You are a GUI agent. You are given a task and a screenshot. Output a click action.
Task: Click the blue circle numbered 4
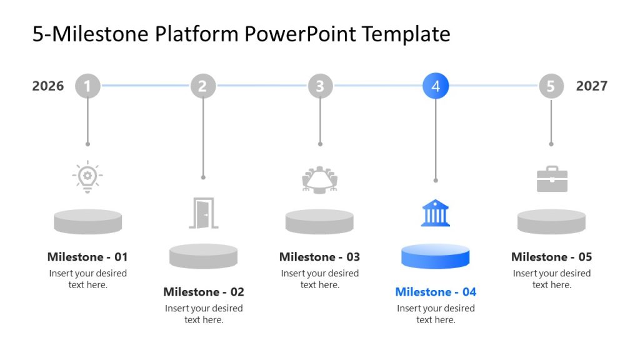click(436, 86)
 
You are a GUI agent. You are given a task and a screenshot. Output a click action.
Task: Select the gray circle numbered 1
click(87, 86)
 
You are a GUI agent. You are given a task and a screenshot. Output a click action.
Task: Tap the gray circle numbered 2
click(202, 86)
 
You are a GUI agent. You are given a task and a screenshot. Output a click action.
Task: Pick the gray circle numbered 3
click(320, 86)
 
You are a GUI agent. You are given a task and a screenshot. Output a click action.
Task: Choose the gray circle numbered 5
click(551, 86)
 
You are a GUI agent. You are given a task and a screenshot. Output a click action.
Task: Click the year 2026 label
click(48, 86)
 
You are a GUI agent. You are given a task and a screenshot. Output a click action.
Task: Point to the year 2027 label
click(591, 86)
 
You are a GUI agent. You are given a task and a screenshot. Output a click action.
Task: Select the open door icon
click(203, 213)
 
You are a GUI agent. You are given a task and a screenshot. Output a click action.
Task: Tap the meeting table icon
click(320, 180)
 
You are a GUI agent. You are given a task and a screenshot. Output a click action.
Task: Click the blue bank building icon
click(436, 212)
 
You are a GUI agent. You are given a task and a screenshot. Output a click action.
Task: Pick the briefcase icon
click(552, 179)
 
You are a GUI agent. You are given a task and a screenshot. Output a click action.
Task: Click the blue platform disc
click(435, 256)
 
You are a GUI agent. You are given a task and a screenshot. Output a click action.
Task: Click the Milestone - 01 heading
click(87, 257)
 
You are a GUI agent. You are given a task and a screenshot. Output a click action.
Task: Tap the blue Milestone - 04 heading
click(436, 292)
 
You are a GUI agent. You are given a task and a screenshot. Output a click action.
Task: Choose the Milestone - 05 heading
click(551, 257)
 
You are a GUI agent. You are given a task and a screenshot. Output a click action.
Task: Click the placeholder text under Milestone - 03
click(320, 279)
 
